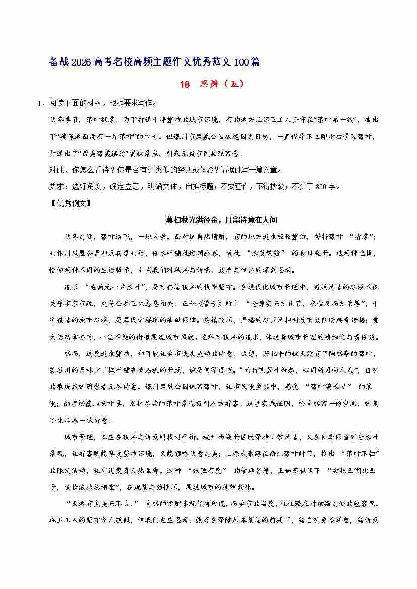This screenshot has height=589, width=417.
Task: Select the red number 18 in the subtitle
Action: click(x=185, y=84)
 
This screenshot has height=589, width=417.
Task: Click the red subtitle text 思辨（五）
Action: click(x=222, y=84)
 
